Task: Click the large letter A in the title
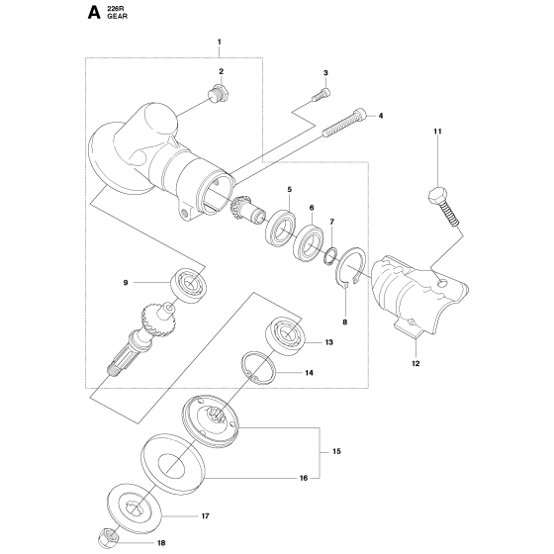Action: coord(94,13)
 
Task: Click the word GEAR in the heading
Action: coord(117,16)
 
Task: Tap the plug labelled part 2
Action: coord(219,93)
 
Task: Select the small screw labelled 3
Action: coord(322,89)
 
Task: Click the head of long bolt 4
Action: coord(360,115)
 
